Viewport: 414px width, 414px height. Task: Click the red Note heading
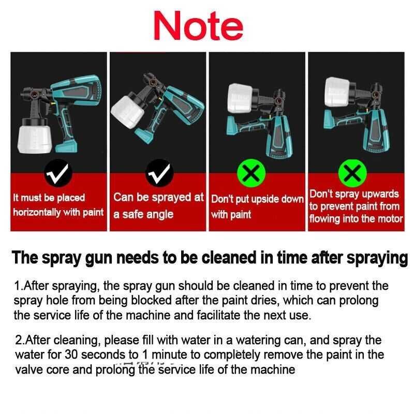(x=198, y=25)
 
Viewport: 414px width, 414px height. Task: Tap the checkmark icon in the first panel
(x=58, y=173)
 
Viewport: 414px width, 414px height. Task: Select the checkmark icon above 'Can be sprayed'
(x=159, y=173)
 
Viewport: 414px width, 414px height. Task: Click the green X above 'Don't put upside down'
(x=251, y=173)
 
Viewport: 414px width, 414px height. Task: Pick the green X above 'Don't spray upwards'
(x=352, y=173)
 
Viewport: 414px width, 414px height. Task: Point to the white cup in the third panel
(x=240, y=98)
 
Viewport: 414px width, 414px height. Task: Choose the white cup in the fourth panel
(x=337, y=92)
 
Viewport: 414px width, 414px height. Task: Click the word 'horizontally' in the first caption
(x=37, y=213)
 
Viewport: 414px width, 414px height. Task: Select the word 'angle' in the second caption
(x=160, y=215)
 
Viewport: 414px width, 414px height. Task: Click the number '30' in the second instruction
(x=71, y=354)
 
